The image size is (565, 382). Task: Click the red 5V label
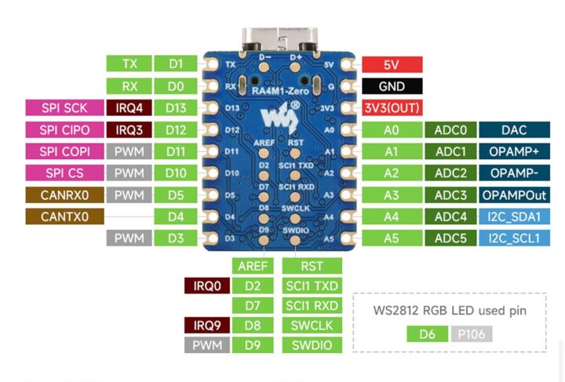[392, 65]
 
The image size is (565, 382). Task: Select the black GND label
[392, 86]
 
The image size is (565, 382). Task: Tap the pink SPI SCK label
[64, 108]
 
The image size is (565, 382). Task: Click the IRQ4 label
[129, 108]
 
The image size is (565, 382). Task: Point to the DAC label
[513, 129]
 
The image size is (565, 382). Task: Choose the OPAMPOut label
[513, 195]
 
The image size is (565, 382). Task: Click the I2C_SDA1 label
[513, 216]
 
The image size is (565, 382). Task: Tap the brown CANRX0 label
[64, 194]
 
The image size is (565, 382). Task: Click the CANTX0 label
[64, 216]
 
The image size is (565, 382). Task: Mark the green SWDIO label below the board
[312, 345]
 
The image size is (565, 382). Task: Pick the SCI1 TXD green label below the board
[312, 286]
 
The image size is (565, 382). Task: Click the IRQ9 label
[205, 326]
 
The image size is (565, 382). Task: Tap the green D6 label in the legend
[428, 334]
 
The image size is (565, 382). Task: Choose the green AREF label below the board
[253, 267]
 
